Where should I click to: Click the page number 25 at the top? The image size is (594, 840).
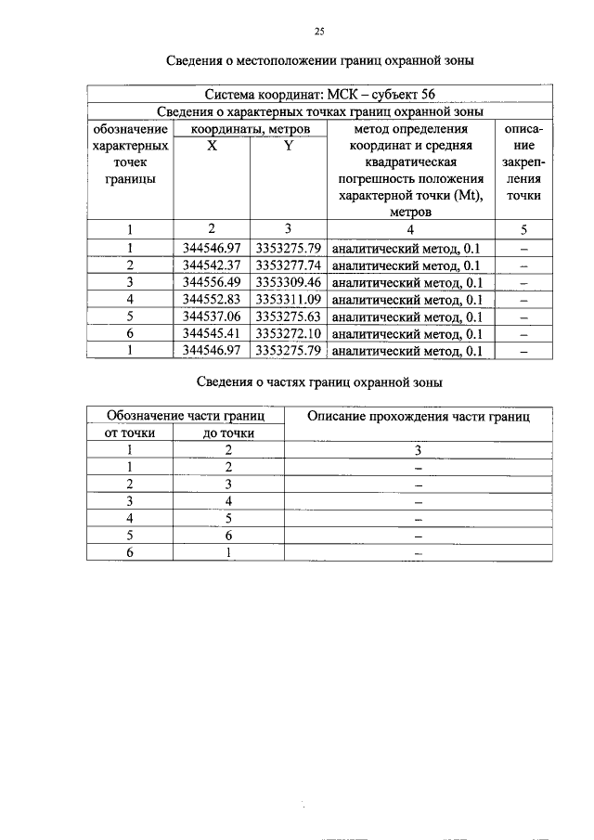point(319,32)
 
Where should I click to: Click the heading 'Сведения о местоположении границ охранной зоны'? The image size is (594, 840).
point(320,62)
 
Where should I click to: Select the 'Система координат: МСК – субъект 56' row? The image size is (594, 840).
point(319,95)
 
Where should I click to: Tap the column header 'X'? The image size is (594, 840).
point(212,146)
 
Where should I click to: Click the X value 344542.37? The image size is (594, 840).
point(212,265)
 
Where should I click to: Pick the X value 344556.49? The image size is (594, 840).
point(212,282)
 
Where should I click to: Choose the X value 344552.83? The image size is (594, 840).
point(212,299)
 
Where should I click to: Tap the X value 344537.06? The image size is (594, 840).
point(212,317)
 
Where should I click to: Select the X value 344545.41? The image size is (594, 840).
point(212,333)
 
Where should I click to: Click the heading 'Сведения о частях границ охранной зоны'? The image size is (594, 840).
point(320,381)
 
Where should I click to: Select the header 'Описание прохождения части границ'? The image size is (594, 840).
point(418,418)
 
